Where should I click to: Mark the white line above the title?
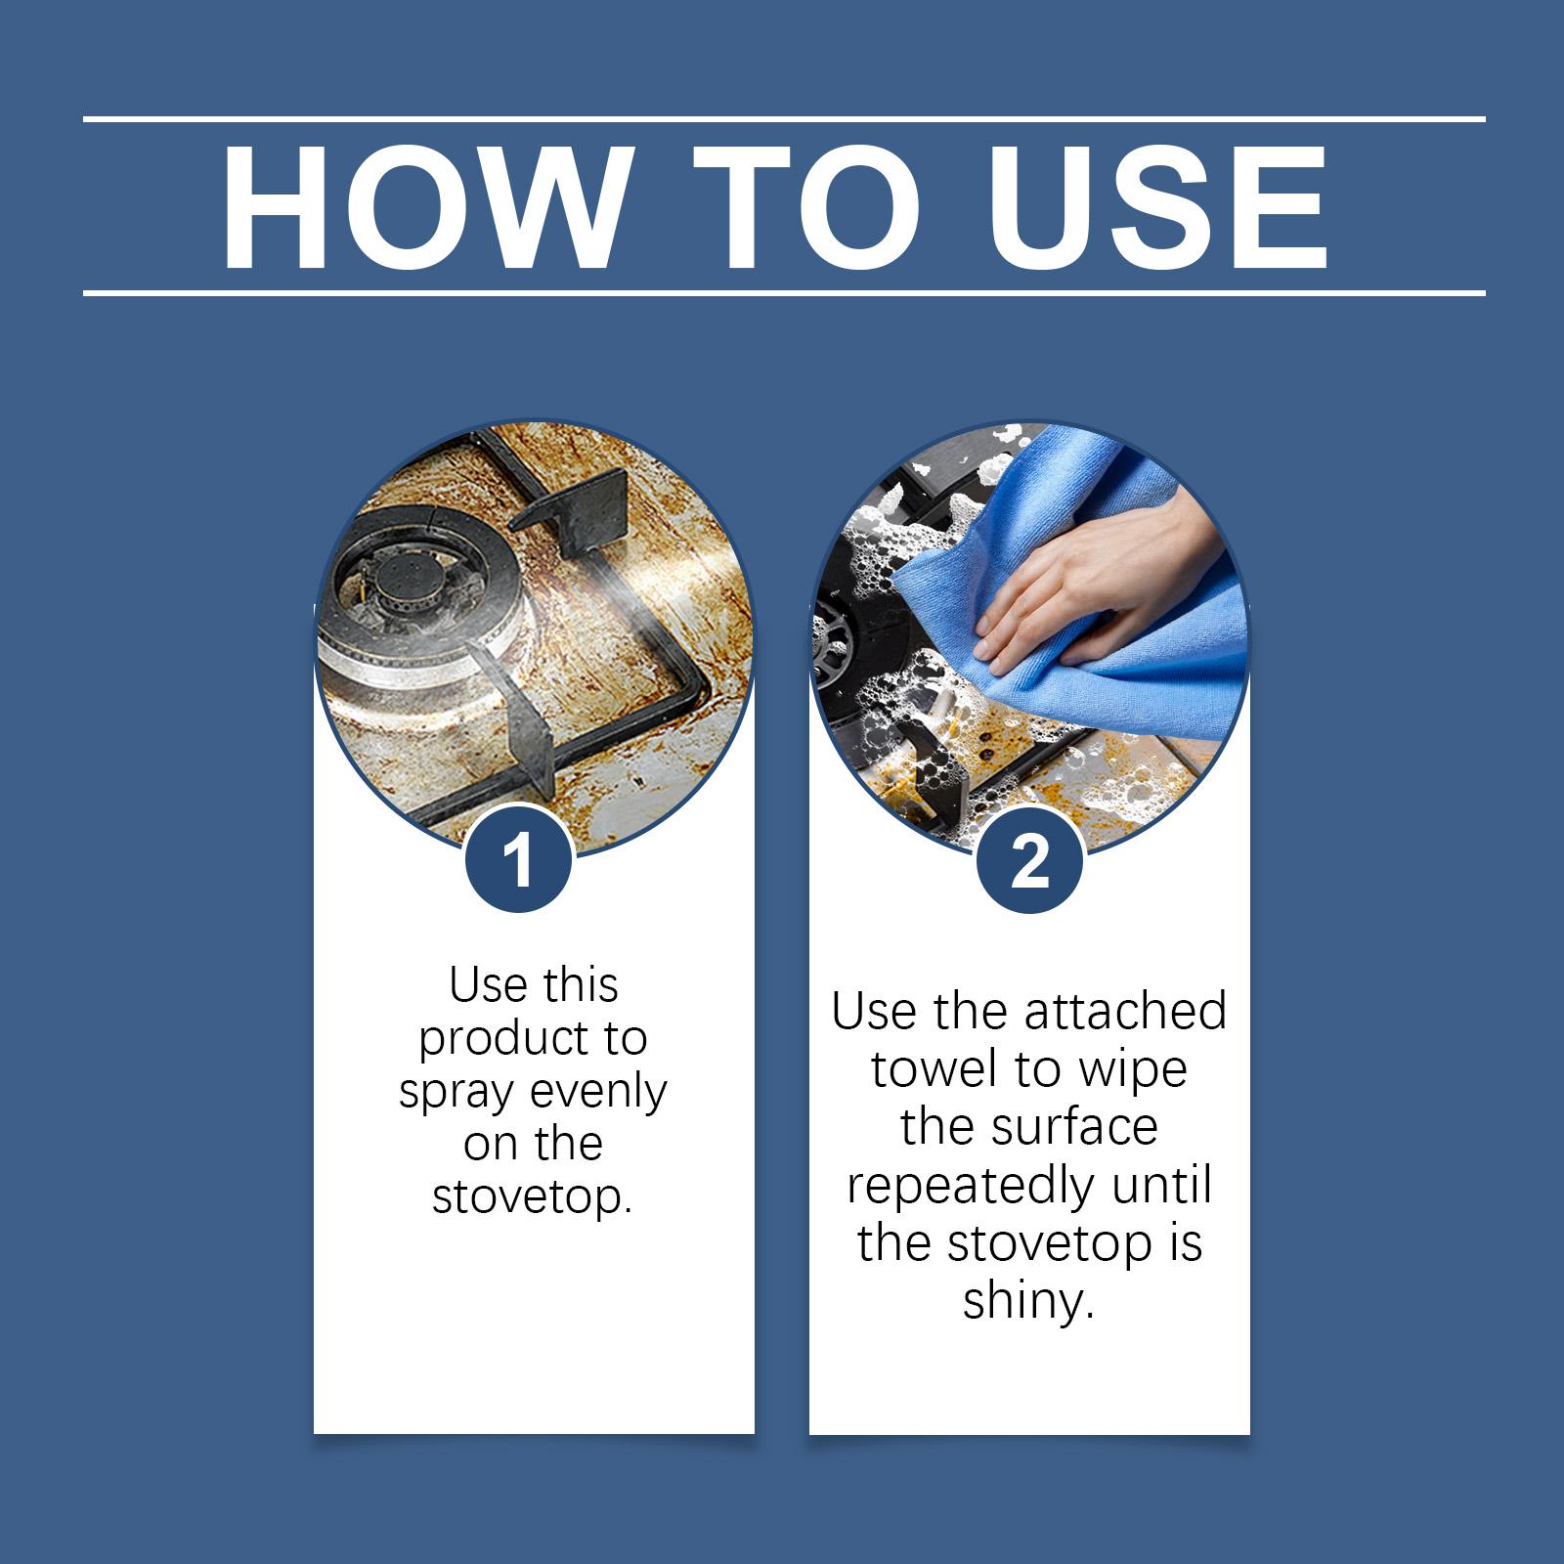pyautogui.click(x=784, y=119)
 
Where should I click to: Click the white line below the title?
pyautogui.click(x=784, y=292)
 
